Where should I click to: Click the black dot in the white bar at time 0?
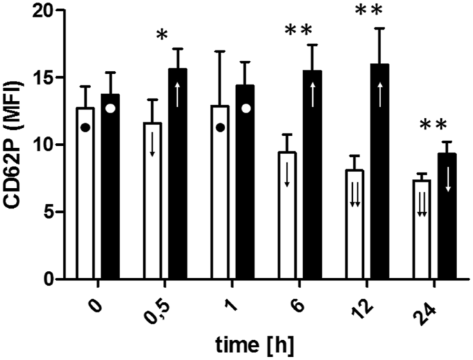tap(85, 128)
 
